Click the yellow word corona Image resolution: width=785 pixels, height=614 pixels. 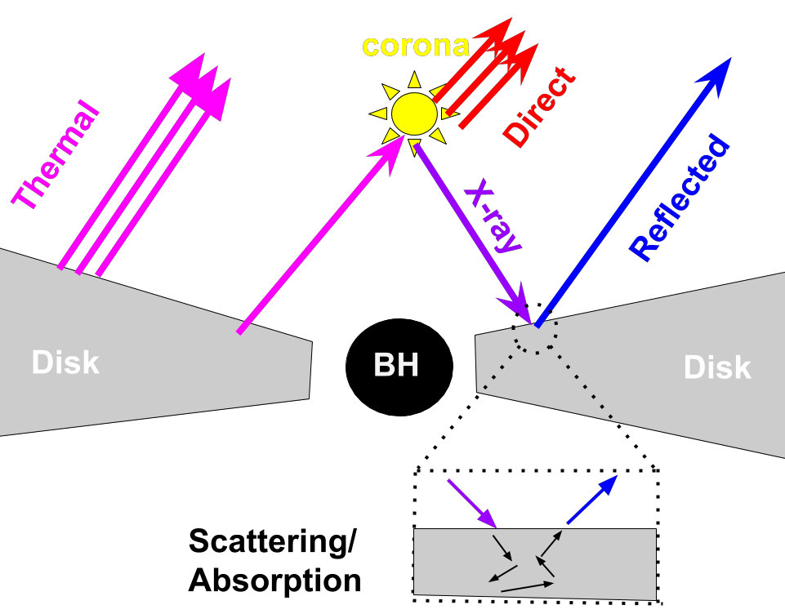point(415,46)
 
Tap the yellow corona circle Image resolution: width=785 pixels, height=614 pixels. point(414,114)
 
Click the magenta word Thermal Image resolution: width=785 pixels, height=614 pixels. point(56,157)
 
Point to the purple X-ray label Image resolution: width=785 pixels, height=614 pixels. point(493,219)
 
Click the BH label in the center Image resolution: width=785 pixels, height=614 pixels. point(396,365)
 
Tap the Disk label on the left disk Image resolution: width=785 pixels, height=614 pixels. point(65,362)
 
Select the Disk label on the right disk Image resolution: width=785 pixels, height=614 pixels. point(717,367)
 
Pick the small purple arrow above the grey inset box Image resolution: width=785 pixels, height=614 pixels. point(473,504)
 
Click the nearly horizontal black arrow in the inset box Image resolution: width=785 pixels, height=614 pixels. point(528,586)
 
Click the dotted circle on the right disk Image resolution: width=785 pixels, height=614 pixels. point(536,336)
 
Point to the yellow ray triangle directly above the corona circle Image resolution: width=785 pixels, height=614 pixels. point(414,80)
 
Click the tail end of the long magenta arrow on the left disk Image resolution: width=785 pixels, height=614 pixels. point(240,331)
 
